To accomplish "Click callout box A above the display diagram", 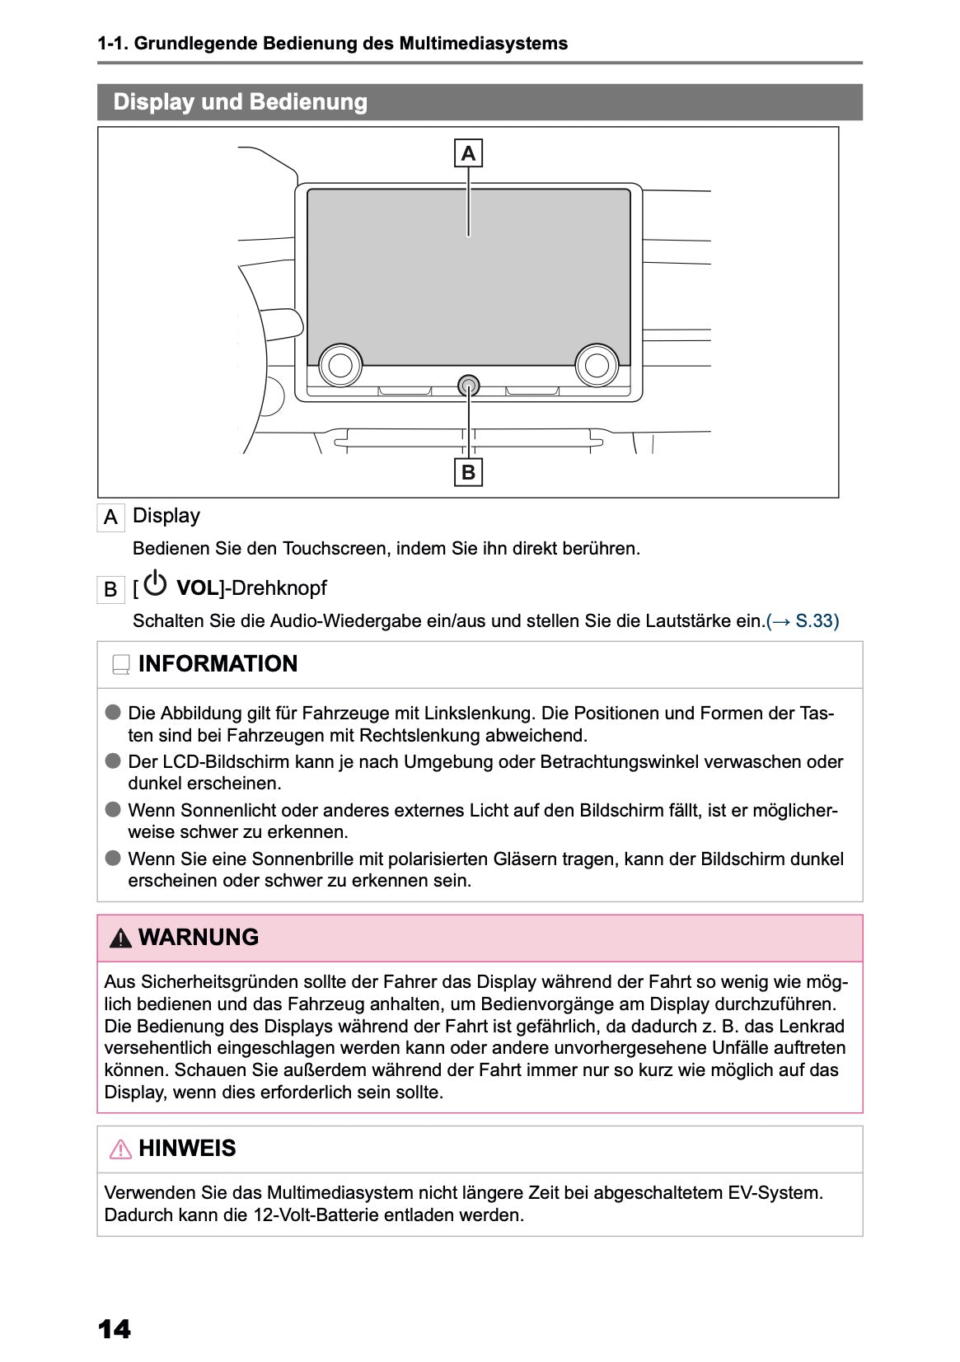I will [x=468, y=153].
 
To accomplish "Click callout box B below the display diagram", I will [x=468, y=472].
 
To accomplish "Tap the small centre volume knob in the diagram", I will [x=468, y=385].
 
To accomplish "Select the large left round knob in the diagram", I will [x=340, y=364].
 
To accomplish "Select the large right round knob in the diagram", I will [x=597, y=364].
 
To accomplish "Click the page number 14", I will [x=114, y=1329].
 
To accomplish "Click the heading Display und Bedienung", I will [x=240, y=102].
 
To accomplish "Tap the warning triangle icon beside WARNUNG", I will [x=120, y=938].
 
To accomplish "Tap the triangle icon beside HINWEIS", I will [x=120, y=1149].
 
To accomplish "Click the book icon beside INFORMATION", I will [x=121, y=664].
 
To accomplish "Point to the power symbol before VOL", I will [x=155, y=584].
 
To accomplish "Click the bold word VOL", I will [x=196, y=588].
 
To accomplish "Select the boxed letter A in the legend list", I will [x=110, y=517].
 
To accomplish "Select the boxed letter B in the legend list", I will [x=110, y=590].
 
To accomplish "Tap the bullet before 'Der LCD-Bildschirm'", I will [x=113, y=761].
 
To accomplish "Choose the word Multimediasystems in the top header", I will [x=483, y=44].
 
